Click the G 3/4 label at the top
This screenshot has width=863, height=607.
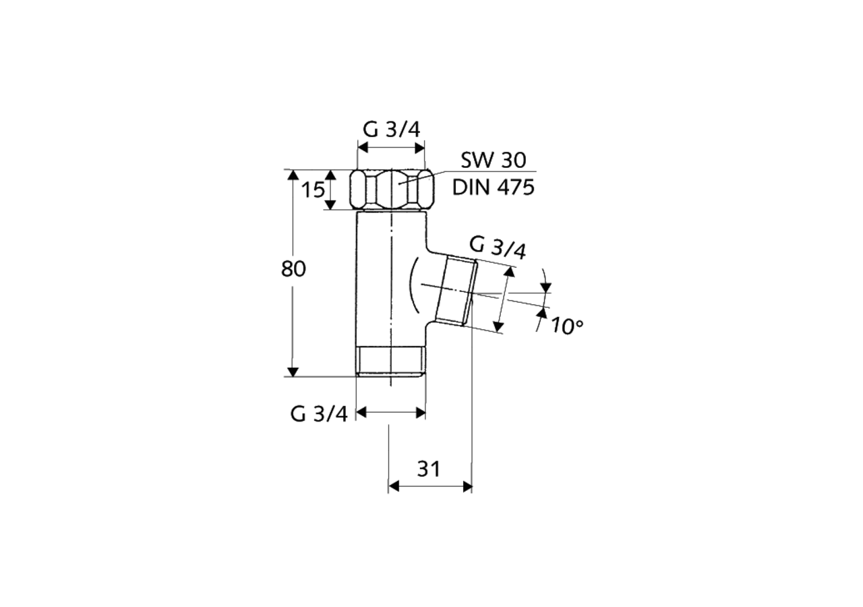tap(391, 129)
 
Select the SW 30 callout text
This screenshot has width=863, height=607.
tap(494, 161)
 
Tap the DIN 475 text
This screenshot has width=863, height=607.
tap(493, 187)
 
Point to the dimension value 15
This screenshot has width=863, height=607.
tap(312, 191)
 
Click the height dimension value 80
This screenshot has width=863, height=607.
tap(293, 269)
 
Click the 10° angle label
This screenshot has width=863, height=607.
tap(566, 326)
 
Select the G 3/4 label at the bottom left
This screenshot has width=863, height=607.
tap(319, 413)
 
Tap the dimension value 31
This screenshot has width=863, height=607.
tap(428, 469)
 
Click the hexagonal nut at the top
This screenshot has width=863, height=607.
tap(391, 190)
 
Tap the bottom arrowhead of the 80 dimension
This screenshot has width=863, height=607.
tap(293, 371)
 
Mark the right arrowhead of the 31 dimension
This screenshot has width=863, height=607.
tap(466, 486)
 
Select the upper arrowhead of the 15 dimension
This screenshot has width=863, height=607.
tap(330, 175)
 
